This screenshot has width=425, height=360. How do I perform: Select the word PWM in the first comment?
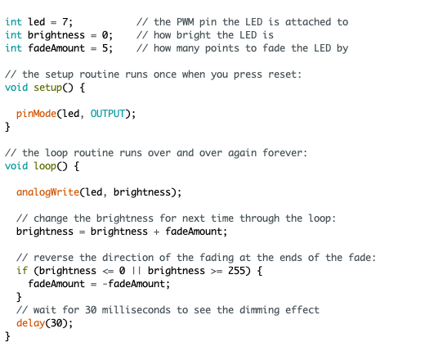(x=186, y=22)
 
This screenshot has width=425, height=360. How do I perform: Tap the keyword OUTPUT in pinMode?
(x=108, y=114)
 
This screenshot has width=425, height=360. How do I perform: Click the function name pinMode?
(x=36, y=114)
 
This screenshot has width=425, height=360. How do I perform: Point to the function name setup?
(x=48, y=88)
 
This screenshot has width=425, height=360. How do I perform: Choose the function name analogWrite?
(x=47, y=192)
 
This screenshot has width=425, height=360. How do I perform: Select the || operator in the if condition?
(x=136, y=271)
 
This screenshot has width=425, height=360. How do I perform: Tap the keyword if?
(x=22, y=271)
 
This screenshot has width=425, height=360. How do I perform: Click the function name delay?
(x=30, y=323)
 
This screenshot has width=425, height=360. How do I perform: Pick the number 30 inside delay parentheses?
(x=56, y=323)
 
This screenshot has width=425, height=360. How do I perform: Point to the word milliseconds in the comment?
(x=136, y=310)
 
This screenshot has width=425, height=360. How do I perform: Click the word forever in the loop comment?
(x=284, y=153)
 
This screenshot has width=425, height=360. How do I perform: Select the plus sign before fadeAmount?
(x=156, y=232)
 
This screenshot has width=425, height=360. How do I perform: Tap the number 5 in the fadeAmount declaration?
(x=105, y=48)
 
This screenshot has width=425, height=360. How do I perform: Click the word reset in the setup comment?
(x=284, y=74)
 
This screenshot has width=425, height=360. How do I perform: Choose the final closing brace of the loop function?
(x=7, y=336)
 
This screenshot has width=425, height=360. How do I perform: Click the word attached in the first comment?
(x=308, y=22)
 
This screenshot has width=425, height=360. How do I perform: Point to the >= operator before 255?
(x=217, y=271)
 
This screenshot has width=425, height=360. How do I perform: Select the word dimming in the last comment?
(x=259, y=310)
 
